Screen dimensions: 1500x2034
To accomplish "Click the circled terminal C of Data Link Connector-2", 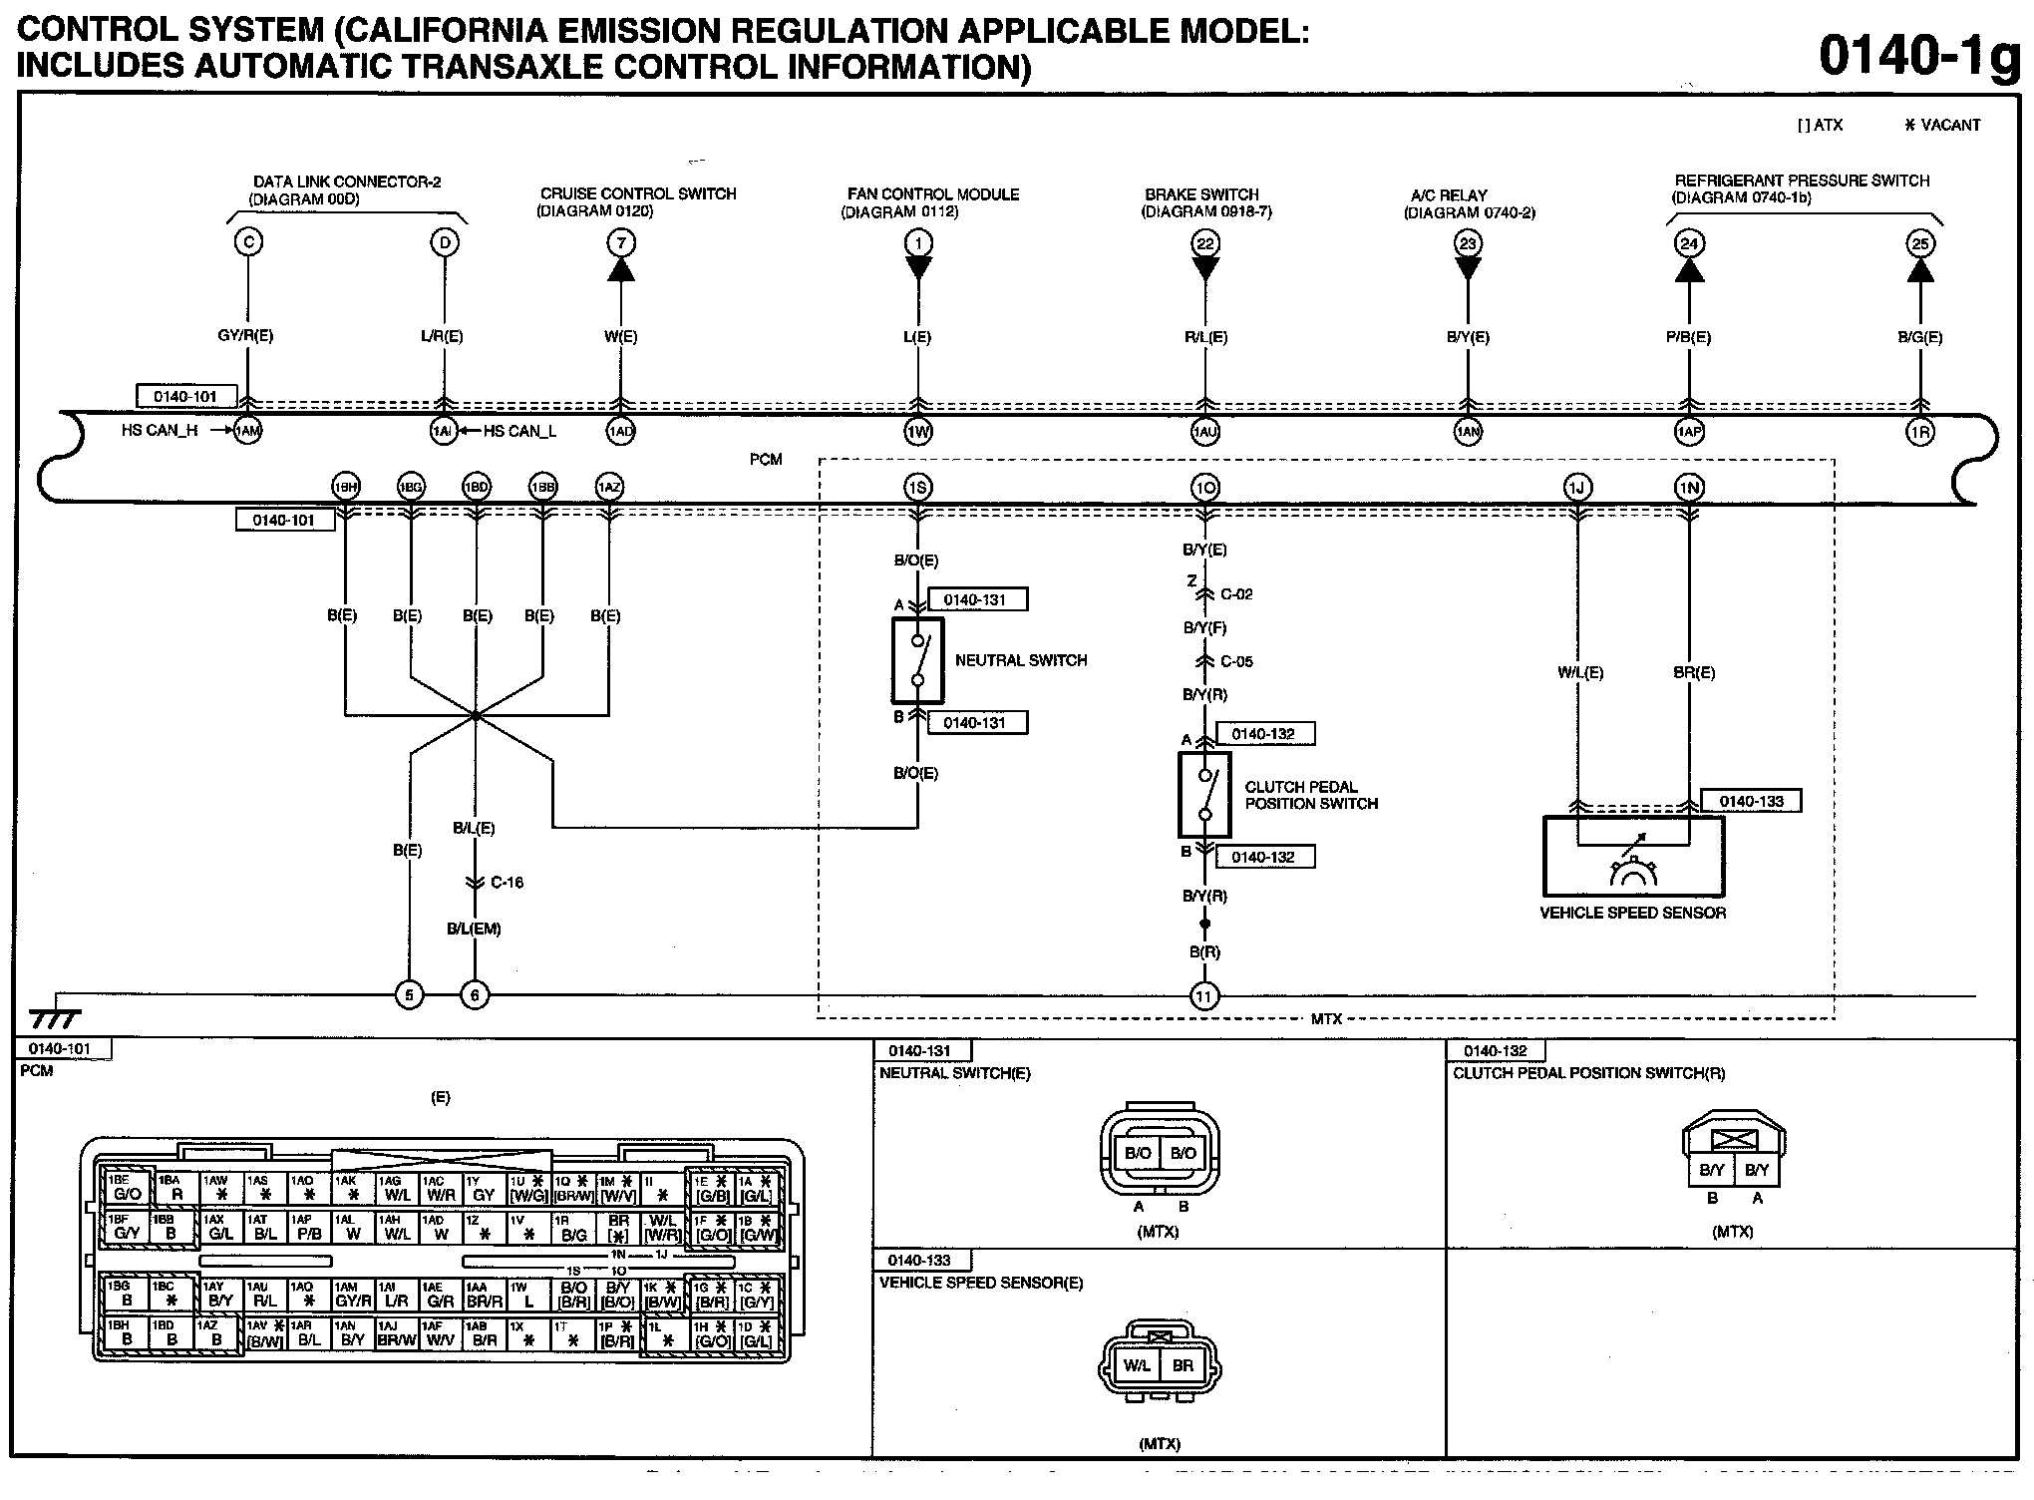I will [248, 242].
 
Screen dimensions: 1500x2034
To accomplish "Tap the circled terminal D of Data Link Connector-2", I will [444, 242].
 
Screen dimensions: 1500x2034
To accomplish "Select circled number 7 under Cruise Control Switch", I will [621, 242].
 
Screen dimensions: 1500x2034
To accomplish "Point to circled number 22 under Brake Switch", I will [1205, 242].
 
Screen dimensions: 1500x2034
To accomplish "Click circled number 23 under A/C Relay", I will [1468, 243].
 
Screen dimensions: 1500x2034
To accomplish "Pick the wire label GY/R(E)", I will [245, 336].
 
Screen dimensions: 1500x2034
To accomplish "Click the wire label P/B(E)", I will [1688, 337].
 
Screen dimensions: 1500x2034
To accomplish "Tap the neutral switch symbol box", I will [917, 660].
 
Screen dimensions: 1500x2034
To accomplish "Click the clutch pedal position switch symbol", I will [1204, 794].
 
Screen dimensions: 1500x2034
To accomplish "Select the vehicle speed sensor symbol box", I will [1633, 856].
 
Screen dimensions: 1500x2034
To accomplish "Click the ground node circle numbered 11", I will [1204, 995].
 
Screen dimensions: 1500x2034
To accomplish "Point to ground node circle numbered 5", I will [409, 994].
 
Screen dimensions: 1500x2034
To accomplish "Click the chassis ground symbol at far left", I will [55, 1017].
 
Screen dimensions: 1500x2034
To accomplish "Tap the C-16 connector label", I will [507, 883].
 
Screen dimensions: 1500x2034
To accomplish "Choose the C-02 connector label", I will [1236, 594].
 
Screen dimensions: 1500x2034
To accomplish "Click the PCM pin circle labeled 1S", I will [917, 488].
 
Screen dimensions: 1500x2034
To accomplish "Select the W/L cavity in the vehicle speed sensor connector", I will [1137, 1365].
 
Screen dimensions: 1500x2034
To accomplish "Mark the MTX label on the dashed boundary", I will [1326, 1018].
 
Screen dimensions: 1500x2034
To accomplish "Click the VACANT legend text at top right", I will [1950, 125].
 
